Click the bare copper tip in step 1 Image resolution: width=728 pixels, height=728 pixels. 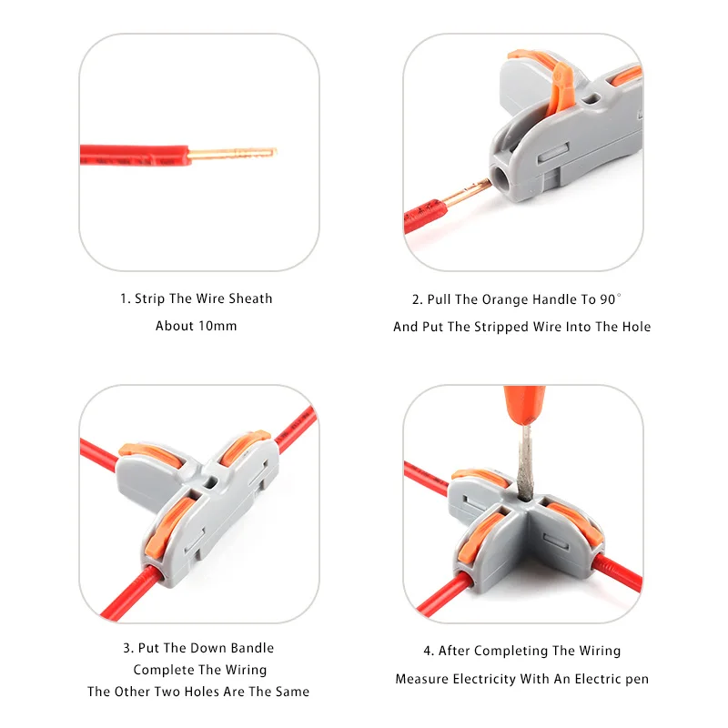click(232, 153)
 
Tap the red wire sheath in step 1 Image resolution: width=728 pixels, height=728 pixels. click(135, 155)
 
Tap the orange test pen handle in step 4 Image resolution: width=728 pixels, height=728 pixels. click(525, 404)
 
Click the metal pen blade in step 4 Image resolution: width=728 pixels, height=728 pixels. click(526, 462)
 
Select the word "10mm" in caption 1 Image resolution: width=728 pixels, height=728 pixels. click(217, 326)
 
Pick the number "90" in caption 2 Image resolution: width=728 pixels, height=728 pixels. click(607, 299)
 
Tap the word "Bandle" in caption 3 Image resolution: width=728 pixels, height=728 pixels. click(253, 648)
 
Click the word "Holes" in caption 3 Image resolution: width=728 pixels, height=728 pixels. click(202, 692)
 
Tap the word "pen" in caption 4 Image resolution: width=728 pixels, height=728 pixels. click(637, 680)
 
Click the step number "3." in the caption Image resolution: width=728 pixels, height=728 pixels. click(128, 648)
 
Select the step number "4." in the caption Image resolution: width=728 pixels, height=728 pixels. click(429, 651)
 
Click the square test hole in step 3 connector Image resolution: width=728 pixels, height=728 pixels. click(209, 483)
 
